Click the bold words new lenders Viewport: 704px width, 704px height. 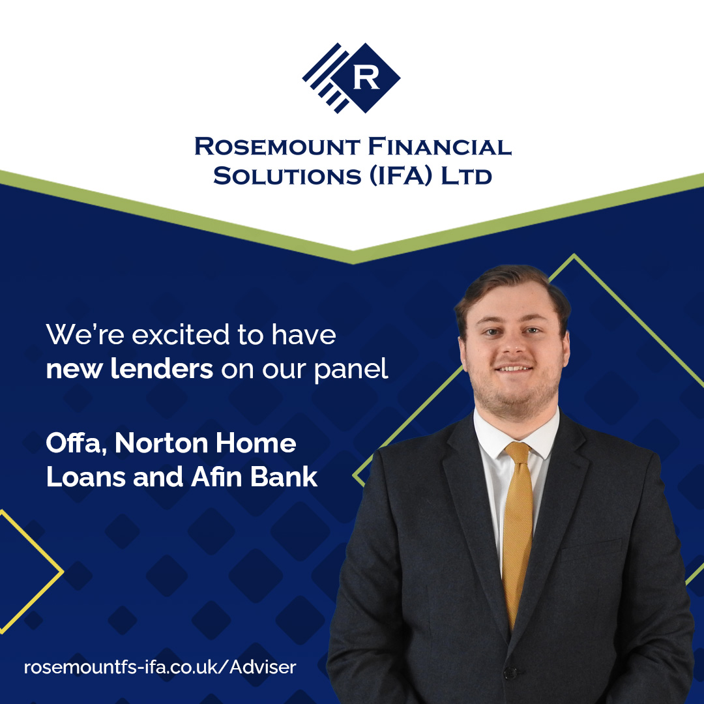pos(129,369)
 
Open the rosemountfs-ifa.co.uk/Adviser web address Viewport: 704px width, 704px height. pos(160,667)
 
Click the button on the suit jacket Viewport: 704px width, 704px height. pos(509,672)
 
